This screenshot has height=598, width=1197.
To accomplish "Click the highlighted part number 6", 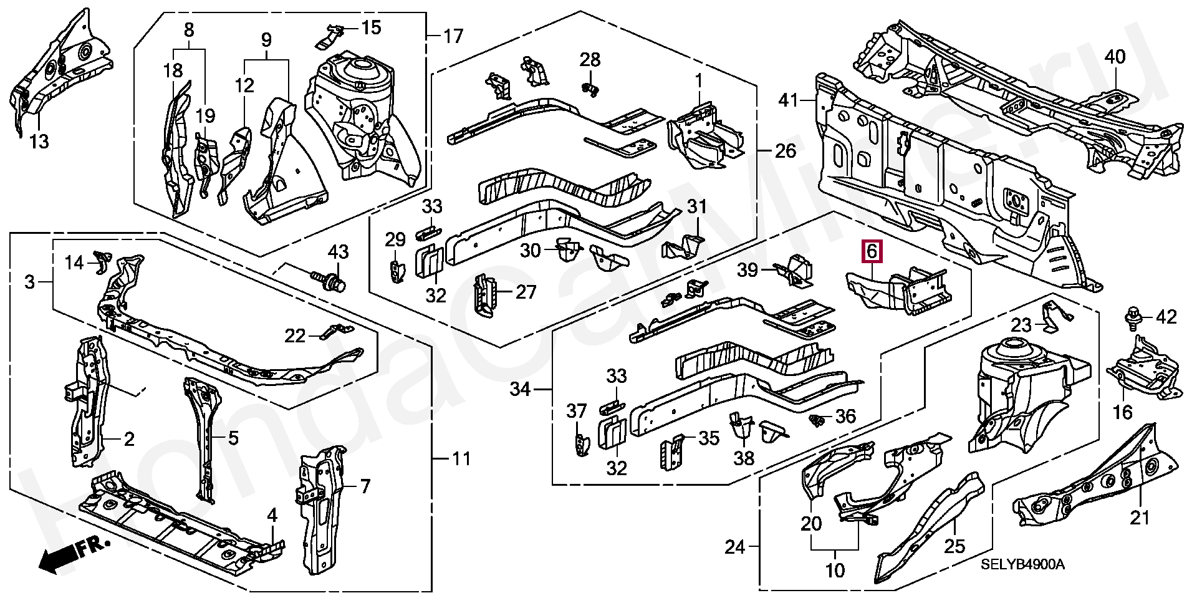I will click(x=872, y=253).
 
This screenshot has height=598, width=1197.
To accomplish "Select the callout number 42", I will click(x=1166, y=317).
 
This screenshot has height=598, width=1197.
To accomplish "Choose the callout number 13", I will click(x=39, y=143).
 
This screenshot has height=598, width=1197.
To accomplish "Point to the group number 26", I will click(x=786, y=151).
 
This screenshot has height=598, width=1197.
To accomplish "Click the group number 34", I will click(x=520, y=390).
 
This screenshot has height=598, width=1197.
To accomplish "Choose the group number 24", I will click(x=735, y=547).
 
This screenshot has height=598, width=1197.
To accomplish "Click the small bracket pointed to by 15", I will click(x=330, y=37).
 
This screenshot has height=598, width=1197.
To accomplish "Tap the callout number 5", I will click(x=233, y=438).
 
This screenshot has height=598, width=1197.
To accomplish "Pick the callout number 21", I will click(x=1140, y=518).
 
